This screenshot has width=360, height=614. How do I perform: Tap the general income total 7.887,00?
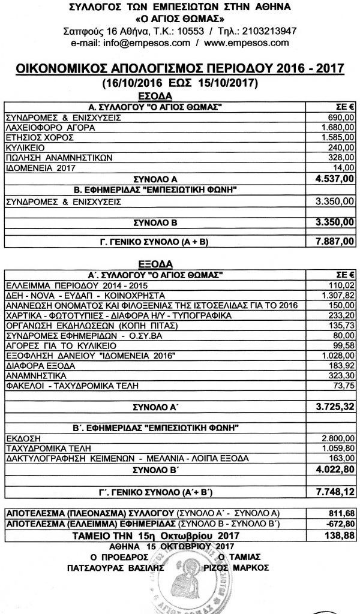click(332, 241)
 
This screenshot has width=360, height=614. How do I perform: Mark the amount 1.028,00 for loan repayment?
click(338, 355)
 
